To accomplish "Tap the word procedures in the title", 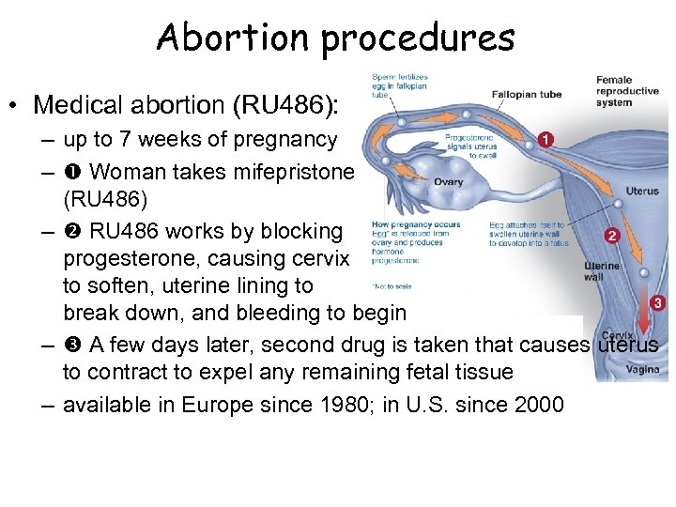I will click(x=413, y=38).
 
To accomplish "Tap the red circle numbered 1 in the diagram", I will click(x=545, y=140).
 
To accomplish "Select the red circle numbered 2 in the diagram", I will click(x=612, y=236).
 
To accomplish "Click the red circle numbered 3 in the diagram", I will click(x=657, y=303).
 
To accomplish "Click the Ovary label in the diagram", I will click(x=447, y=181).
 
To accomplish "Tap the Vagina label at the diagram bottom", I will click(x=643, y=370).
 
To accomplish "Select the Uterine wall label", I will click(x=602, y=271).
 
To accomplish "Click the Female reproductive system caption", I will click(x=627, y=91).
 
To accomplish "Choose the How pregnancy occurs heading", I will click(x=403, y=225).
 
